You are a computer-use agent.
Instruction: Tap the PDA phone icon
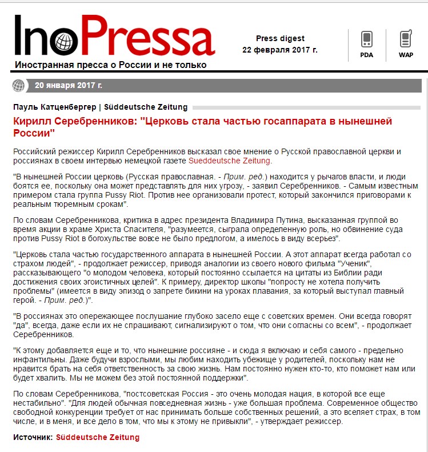(366, 40)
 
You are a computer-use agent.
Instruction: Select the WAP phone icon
(406, 40)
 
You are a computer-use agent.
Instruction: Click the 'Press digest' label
(280, 39)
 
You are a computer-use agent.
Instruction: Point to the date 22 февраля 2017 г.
(280, 50)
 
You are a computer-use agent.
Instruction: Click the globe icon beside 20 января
(19, 86)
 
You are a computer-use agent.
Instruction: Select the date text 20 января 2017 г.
(69, 86)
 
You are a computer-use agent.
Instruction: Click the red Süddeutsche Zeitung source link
(97, 437)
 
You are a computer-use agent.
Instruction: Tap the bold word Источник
(33, 437)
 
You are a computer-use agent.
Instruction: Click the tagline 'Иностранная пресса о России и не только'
(110, 65)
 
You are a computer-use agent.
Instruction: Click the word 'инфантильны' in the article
(38, 358)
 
